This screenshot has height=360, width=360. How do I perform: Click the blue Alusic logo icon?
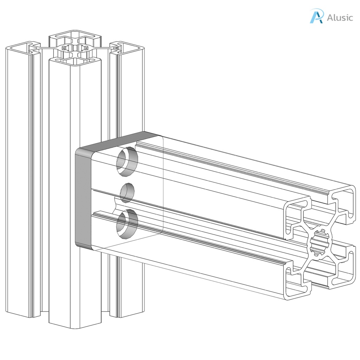pyautogui.click(x=316, y=17)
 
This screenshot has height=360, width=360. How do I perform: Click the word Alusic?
pyautogui.click(x=340, y=18)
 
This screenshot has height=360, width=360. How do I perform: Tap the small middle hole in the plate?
pyautogui.click(x=127, y=193)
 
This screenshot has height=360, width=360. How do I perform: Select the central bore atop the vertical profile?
pyautogui.click(x=75, y=49)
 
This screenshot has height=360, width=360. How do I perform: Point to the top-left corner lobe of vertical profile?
pyautogui.click(x=21, y=48)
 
